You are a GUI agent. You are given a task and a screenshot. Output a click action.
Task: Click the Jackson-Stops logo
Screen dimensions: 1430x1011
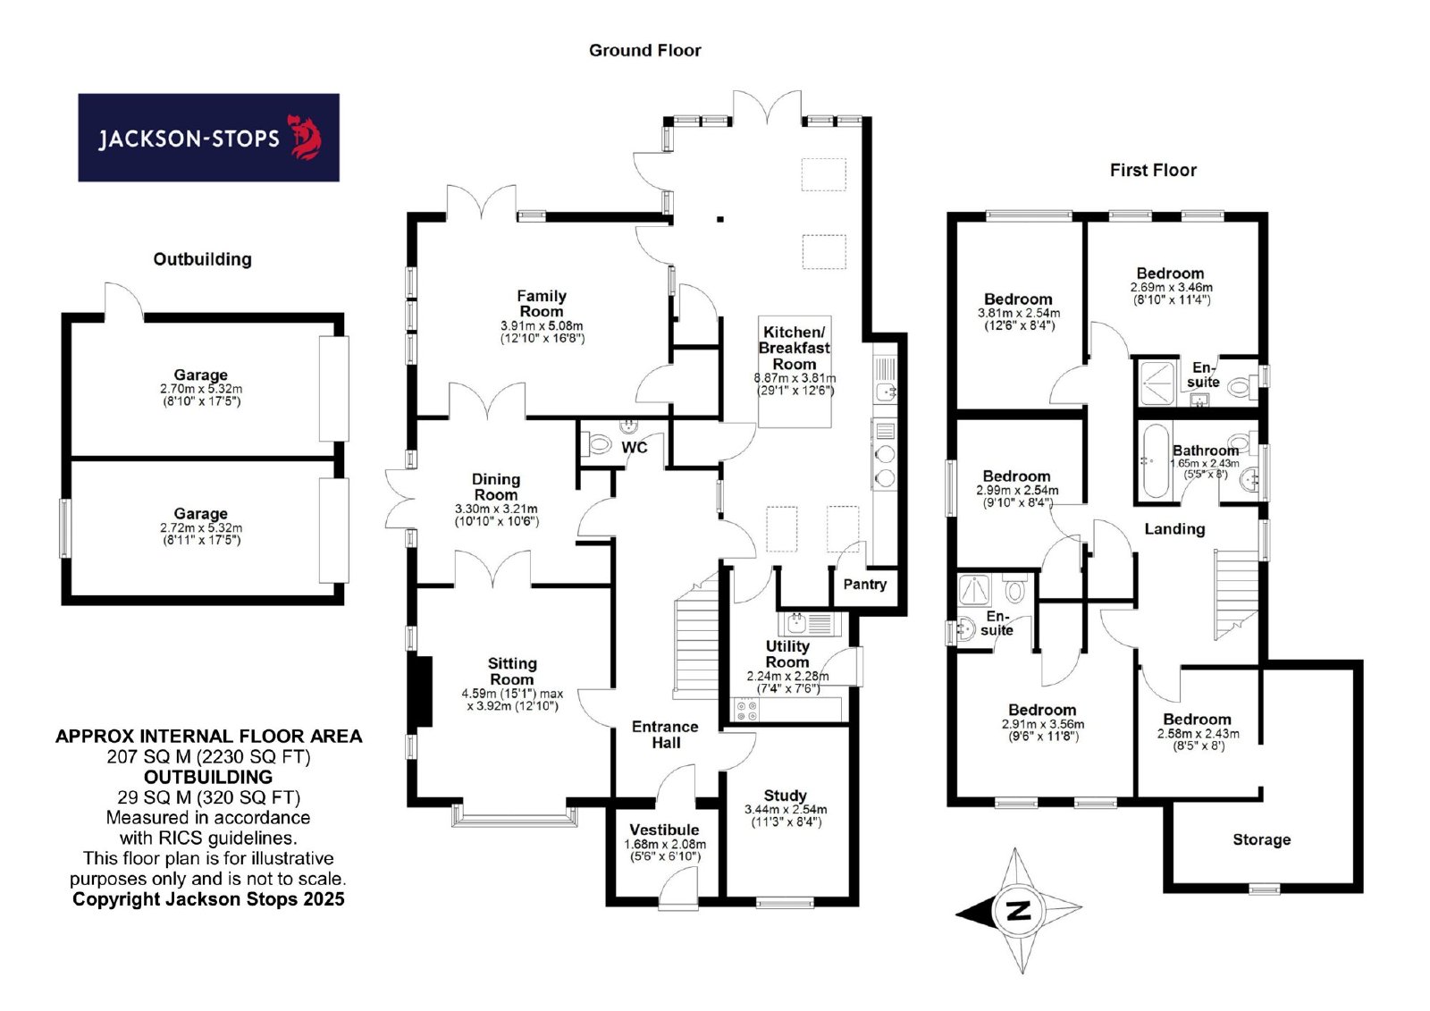pos(209,138)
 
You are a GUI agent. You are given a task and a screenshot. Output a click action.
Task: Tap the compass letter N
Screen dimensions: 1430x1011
pos(1018,910)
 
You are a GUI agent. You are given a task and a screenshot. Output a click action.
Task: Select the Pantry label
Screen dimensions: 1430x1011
pos(864,585)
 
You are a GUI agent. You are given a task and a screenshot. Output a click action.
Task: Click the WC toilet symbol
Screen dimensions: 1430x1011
pos(598,443)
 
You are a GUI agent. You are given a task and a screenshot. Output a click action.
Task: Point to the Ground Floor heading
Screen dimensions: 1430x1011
pos(644,50)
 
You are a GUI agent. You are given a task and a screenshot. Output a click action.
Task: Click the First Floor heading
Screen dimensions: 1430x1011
pos(1153,170)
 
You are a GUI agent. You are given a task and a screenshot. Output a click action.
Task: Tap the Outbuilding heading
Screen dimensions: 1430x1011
pos(202,259)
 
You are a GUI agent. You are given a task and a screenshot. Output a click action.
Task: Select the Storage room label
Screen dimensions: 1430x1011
pos(1261,839)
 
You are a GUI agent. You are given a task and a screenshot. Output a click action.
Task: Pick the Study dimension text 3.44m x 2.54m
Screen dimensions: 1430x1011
pos(786,809)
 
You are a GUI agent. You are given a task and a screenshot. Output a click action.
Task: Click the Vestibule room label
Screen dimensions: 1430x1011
pos(664,830)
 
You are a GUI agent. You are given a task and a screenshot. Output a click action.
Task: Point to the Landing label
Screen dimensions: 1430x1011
pos(1174,529)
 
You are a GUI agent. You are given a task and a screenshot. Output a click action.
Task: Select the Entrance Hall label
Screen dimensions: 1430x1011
pos(665,735)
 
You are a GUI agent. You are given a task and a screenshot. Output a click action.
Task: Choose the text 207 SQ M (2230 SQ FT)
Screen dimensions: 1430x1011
pos(209,757)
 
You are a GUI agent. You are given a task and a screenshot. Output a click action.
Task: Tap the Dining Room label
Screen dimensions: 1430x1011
pos(496,486)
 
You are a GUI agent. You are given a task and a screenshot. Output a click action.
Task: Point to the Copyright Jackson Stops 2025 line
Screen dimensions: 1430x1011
pos(208,899)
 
